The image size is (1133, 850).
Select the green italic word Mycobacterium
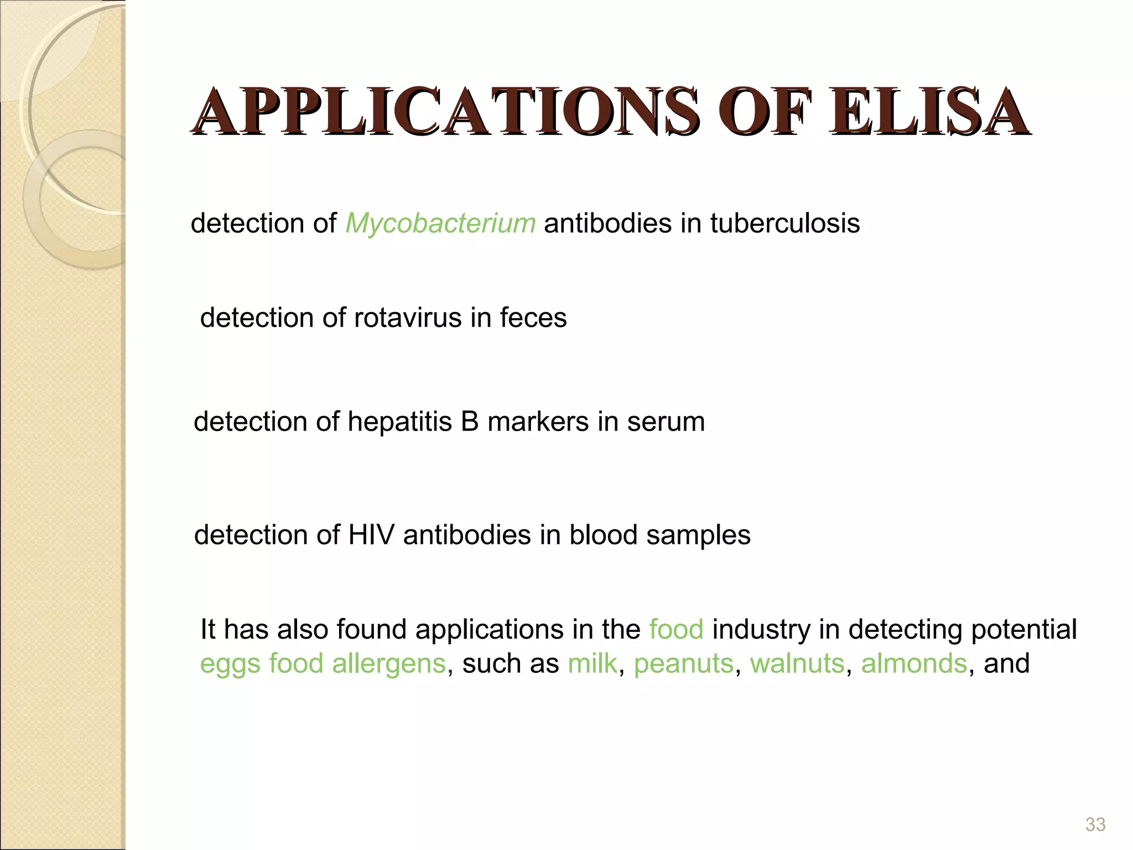point(440,224)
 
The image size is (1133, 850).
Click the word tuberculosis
point(785,224)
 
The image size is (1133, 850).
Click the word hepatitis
point(399,422)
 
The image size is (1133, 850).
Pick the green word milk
point(592,664)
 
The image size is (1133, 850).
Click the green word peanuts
point(683,665)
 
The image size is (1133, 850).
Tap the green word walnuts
point(797,664)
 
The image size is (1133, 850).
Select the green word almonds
point(914,664)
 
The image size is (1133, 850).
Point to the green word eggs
point(230,665)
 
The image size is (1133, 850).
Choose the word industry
point(761,630)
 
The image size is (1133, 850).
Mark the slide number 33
point(1095,825)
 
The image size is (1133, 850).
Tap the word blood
point(604,535)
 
